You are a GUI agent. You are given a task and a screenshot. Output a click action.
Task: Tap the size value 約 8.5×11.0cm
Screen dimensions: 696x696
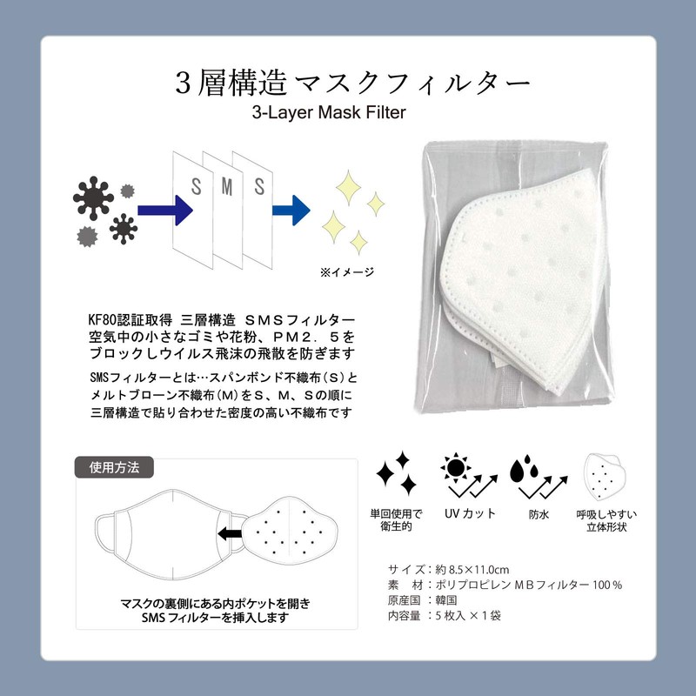(x=466, y=569)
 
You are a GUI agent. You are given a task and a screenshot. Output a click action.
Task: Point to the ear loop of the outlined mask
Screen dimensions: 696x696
(x=104, y=532)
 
